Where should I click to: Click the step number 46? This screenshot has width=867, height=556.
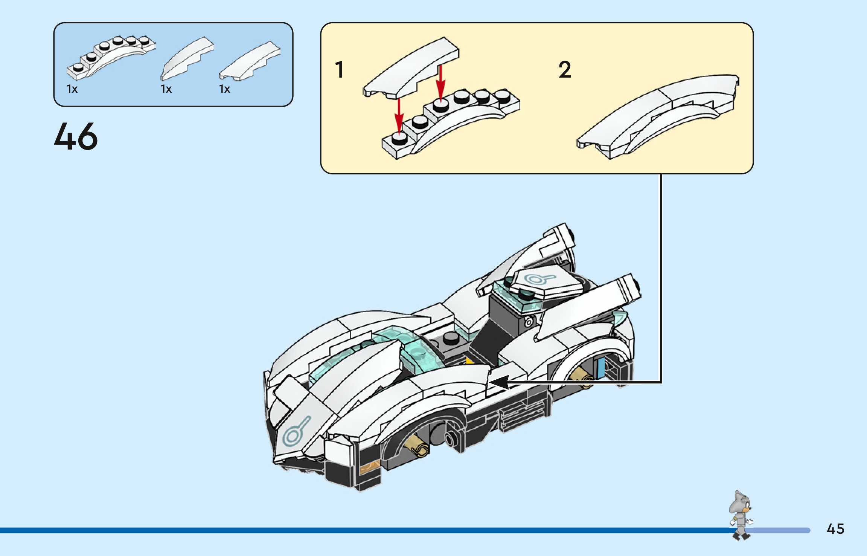click(76, 136)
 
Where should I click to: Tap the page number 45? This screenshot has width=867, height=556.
click(835, 529)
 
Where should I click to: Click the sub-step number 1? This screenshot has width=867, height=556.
click(339, 70)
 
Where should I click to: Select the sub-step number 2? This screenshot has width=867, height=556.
click(565, 70)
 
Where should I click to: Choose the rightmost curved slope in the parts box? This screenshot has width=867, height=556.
click(250, 61)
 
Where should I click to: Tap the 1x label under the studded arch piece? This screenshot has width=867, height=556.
click(72, 89)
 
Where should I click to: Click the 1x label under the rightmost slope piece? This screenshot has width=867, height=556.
click(224, 89)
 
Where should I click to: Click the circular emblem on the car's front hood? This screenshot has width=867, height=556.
click(297, 430)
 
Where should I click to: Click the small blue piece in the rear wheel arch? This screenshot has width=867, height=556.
click(600, 367)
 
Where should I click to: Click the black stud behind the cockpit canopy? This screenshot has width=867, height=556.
click(451, 339)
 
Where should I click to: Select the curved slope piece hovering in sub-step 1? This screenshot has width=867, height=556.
click(411, 68)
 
